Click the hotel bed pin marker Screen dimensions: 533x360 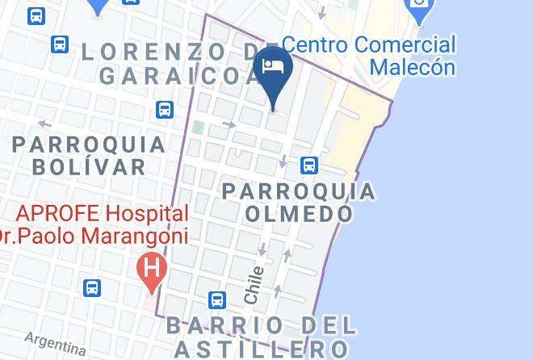click(x=273, y=68)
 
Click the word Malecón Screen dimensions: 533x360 click(x=413, y=67)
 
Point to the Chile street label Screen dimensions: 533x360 click(x=254, y=285)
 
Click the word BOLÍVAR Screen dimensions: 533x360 click(x=90, y=167)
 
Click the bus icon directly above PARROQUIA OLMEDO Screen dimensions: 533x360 click(x=308, y=165)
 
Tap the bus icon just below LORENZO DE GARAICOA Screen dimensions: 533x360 click(x=166, y=109)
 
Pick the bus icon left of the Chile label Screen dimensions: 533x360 click(x=216, y=300)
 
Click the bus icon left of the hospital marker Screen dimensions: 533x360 click(x=92, y=287)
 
